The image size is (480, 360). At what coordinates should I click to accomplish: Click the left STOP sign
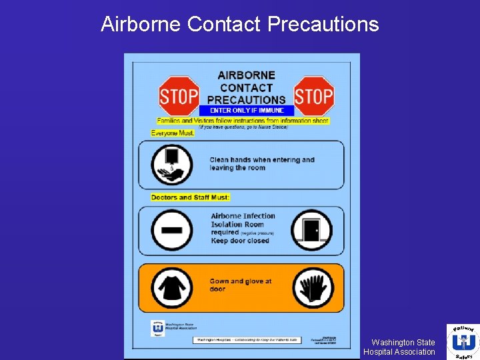[x=179, y=96]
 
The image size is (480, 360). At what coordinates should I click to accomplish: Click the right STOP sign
[x=313, y=96]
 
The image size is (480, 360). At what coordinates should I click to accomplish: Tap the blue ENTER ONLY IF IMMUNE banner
[x=246, y=111]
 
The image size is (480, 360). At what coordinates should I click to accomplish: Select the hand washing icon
[x=172, y=164]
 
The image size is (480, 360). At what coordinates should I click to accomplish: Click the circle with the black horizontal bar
[x=172, y=229]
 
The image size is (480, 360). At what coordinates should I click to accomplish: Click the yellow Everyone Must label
[x=173, y=133]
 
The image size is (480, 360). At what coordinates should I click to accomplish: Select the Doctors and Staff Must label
[x=190, y=197]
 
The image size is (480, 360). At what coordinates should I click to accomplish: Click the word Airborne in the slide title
[x=141, y=25]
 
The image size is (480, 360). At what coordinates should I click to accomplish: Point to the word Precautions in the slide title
[x=323, y=25]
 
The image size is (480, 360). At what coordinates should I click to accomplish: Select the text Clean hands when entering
[x=261, y=160]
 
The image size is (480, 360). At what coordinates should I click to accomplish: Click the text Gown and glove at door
[x=240, y=285]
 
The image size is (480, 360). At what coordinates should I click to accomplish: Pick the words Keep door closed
[x=240, y=241]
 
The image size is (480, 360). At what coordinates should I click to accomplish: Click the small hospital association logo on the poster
[x=158, y=327]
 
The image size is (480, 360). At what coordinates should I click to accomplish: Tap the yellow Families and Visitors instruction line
[x=243, y=121]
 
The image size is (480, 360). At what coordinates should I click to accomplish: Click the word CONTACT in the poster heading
[x=246, y=87]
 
